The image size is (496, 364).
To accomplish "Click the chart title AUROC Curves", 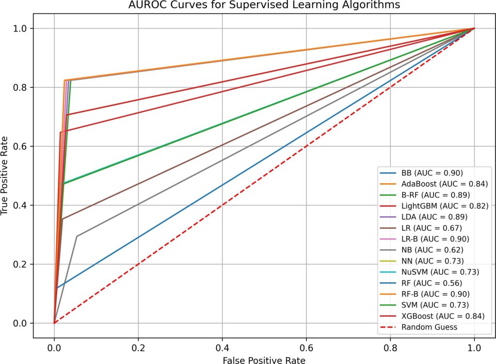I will click(264, 6).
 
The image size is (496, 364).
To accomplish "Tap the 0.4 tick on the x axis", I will click(222, 348).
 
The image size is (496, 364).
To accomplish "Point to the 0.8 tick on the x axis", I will click(390, 348).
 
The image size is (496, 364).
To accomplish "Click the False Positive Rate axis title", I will click(264, 360).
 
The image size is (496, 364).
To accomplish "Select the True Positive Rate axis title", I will click(6, 176).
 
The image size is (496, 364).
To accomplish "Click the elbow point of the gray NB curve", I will click(77, 236).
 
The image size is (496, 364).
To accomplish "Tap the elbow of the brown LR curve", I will click(62, 219).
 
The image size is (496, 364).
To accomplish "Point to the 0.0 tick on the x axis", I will click(54, 348).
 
